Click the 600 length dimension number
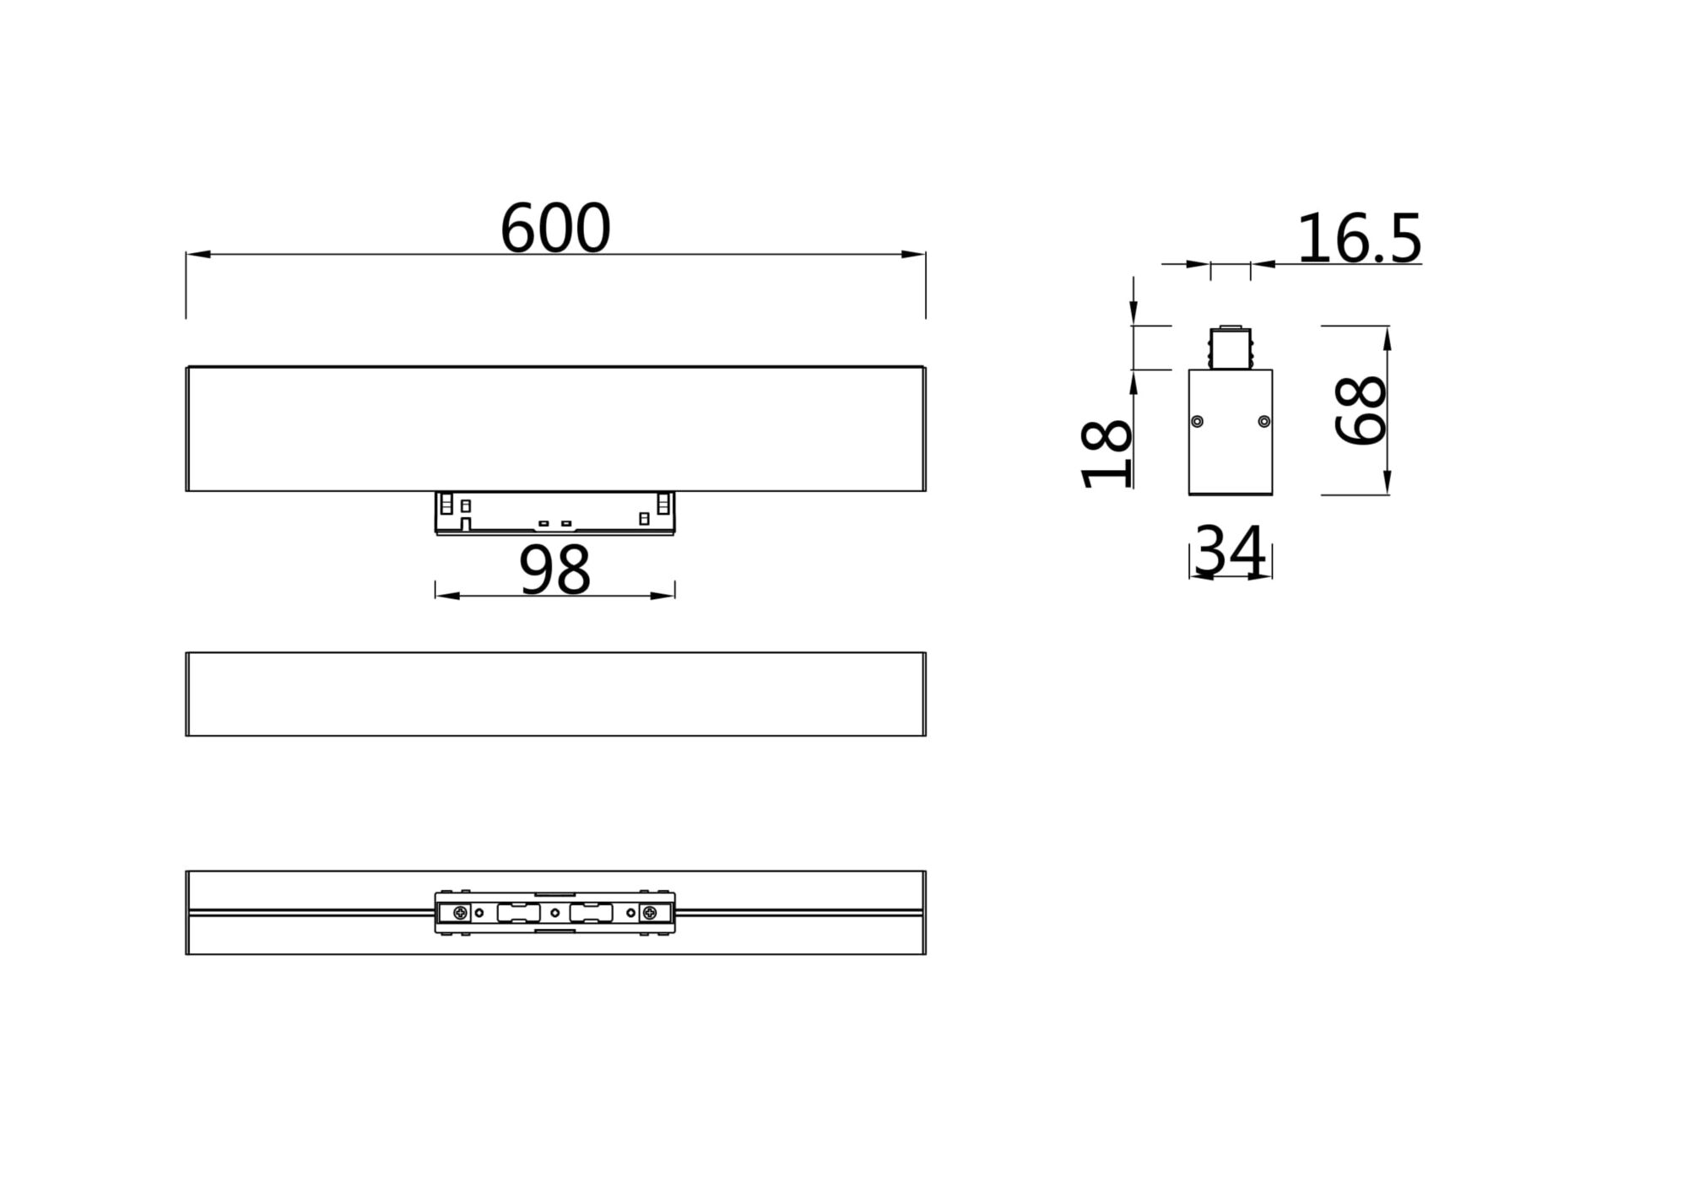[555, 228]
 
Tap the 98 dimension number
[555, 570]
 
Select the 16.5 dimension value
[1359, 239]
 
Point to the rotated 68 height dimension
[1361, 410]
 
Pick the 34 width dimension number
[1231, 551]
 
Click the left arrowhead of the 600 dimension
[197, 254]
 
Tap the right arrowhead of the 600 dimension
[914, 254]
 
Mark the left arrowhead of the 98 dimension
[447, 596]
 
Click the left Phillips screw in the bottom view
[460, 912]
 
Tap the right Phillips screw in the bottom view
[649, 912]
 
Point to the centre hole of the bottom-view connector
[555, 912]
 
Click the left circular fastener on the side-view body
[1197, 421]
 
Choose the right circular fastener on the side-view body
[1263, 421]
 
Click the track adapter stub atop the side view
[1230, 348]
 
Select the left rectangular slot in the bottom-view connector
[518, 912]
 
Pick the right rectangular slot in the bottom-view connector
[591, 912]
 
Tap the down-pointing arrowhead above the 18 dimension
[1133, 312]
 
